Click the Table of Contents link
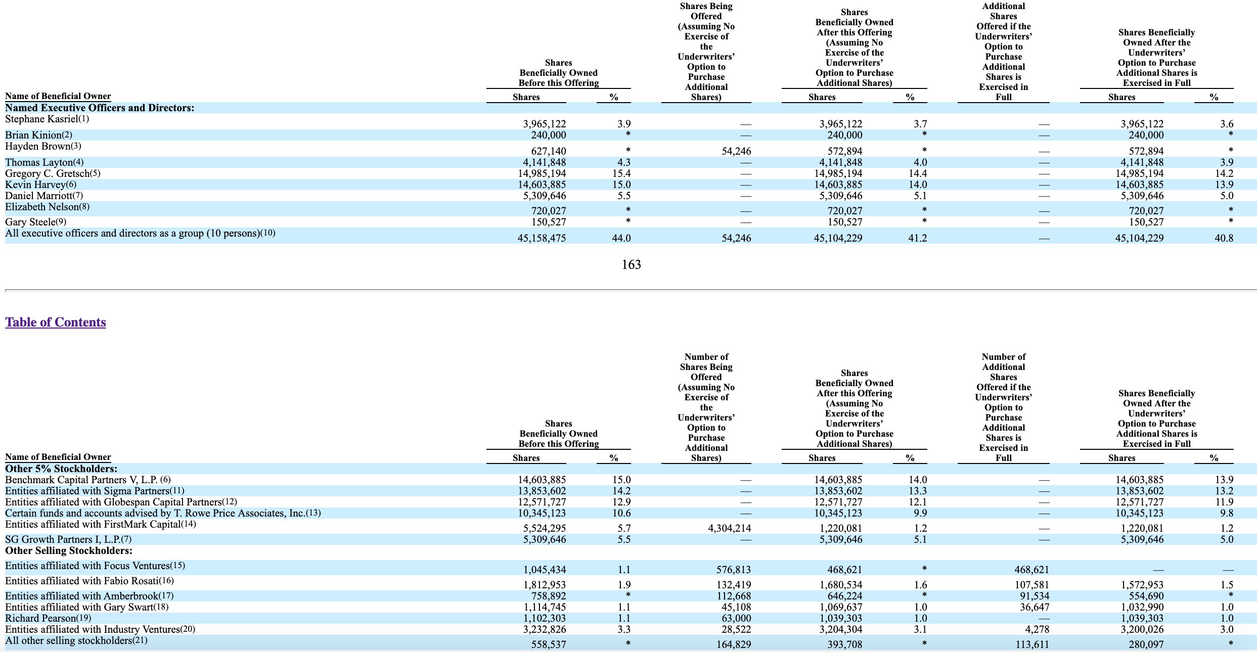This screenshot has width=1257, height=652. (x=56, y=322)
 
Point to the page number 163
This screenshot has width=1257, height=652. (x=632, y=264)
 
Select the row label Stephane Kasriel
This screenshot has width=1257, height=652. (x=47, y=119)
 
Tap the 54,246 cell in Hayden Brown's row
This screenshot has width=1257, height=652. (x=736, y=151)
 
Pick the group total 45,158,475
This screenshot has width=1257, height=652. (x=542, y=238)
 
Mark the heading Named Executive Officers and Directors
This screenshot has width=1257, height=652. (x=100, y=108)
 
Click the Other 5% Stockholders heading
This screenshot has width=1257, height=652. (x=61, y=469)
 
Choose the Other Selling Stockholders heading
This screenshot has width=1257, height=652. (x=69, y=550)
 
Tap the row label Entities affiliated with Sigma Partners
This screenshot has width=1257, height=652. (x=95, y=491)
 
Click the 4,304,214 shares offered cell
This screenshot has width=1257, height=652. (x=729, y=528)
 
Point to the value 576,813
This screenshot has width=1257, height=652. (x=734, y=570)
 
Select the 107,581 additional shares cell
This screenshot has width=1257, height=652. (x=1032, y=585)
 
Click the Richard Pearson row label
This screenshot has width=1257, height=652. (x=48, y=618)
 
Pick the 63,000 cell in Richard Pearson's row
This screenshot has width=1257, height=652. (x=736, y=618)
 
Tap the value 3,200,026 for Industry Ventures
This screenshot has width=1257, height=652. (x=1140, y=629)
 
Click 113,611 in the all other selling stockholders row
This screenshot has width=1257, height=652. (x=1032, y=644)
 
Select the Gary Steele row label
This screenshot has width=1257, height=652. (x=35, y=222)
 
